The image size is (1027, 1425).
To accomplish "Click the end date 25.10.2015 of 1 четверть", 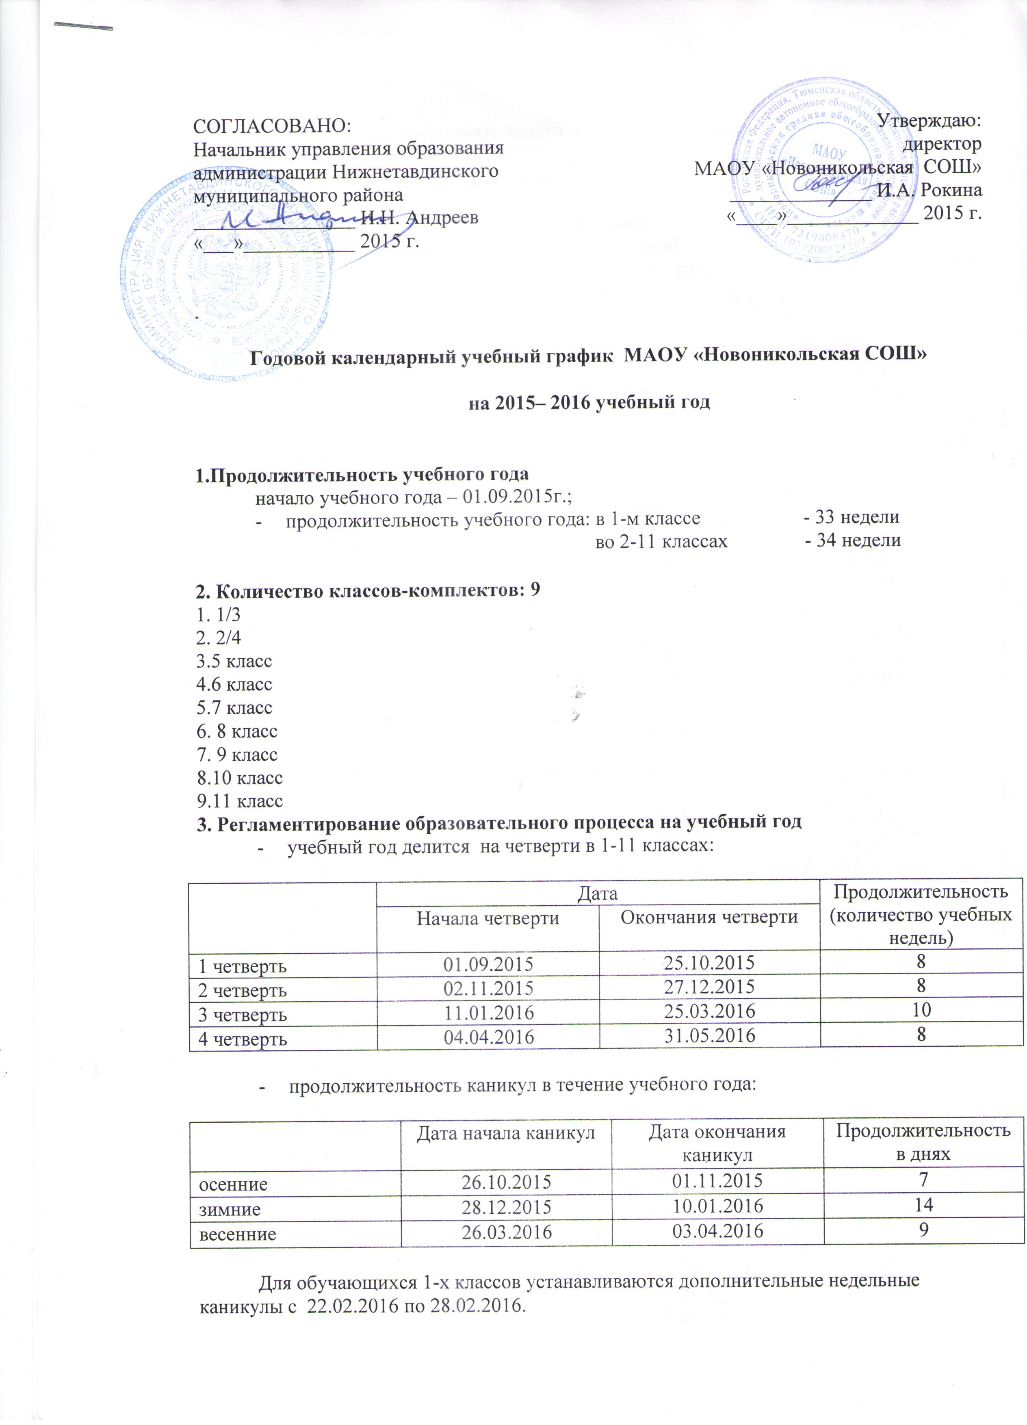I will (x=709, y=962).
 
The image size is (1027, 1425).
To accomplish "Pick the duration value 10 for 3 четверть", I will (x=921, y=1010).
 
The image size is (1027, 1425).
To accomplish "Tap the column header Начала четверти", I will (x=488, y=919).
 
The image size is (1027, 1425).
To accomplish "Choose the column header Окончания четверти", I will (x=709, y=917).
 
